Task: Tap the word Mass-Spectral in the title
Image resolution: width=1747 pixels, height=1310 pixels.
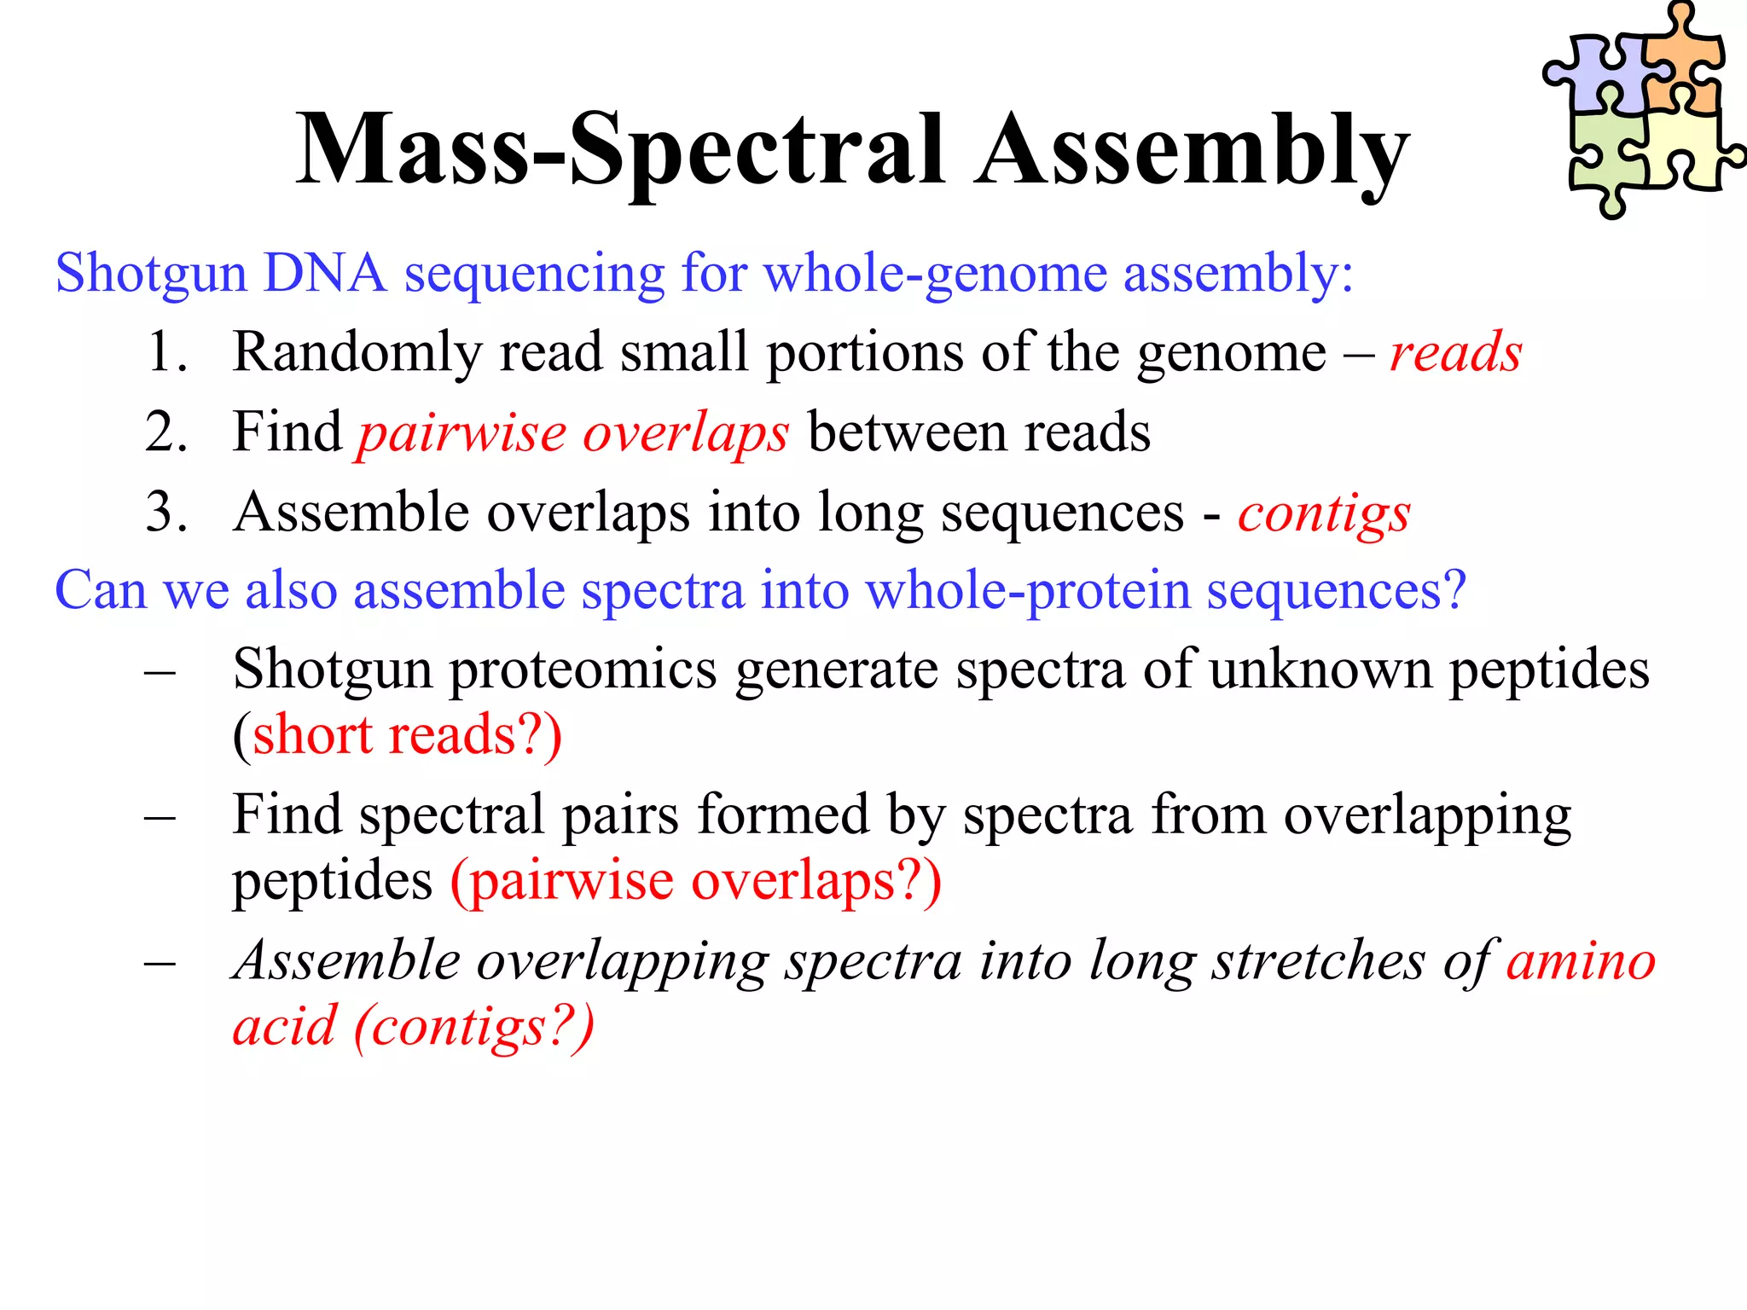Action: click(619, 151)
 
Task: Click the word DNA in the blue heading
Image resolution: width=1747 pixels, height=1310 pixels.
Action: click(324, 274)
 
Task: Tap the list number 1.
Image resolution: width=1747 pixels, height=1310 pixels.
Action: click(166, 351)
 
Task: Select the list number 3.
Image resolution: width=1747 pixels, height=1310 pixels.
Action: click(166, 512)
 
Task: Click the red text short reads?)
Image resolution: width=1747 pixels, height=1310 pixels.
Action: click(406, 735)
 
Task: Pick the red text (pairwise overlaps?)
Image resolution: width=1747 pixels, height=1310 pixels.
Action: click(696, 881)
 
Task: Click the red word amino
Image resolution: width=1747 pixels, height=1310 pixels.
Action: click(1581, 961)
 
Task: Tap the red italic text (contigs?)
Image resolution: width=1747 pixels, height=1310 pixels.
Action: click(473, 1027)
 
